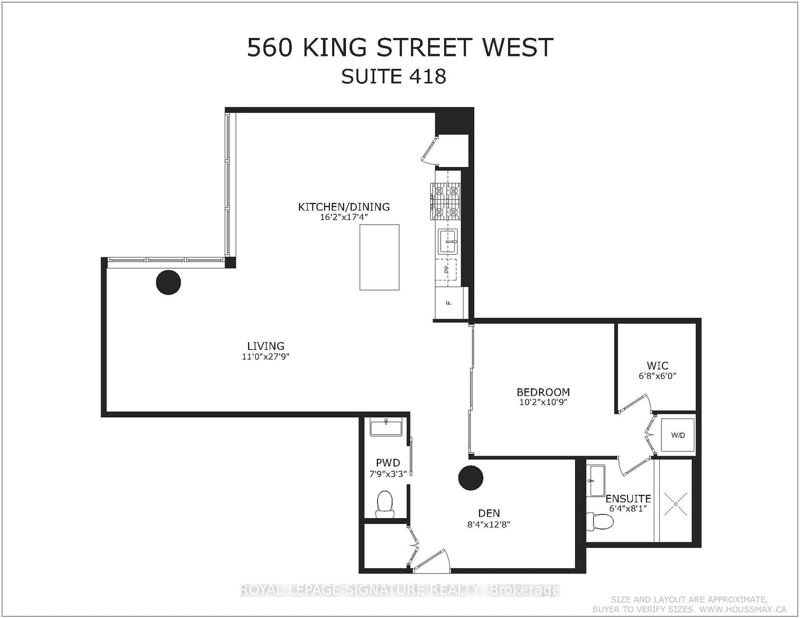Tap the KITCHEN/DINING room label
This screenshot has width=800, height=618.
click(x=344, y=207)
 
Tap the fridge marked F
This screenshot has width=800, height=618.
click(x=449, y=303)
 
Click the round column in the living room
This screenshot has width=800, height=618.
click(x=169, y=282)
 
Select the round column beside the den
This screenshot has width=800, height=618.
click(x=471, y=478)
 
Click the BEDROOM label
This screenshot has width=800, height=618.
click(x=543, y=392)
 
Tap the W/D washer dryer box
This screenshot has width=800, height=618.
click(x=678, y=435)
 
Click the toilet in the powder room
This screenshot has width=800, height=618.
click(x=385, y=505)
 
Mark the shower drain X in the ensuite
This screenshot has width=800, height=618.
click(x=676, y=504)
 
